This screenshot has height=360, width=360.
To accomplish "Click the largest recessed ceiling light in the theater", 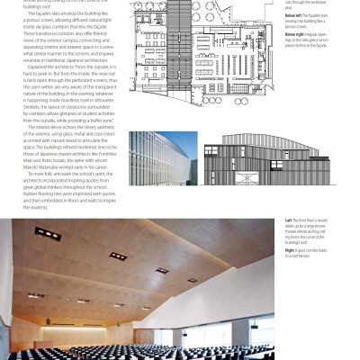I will coord(48,234).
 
